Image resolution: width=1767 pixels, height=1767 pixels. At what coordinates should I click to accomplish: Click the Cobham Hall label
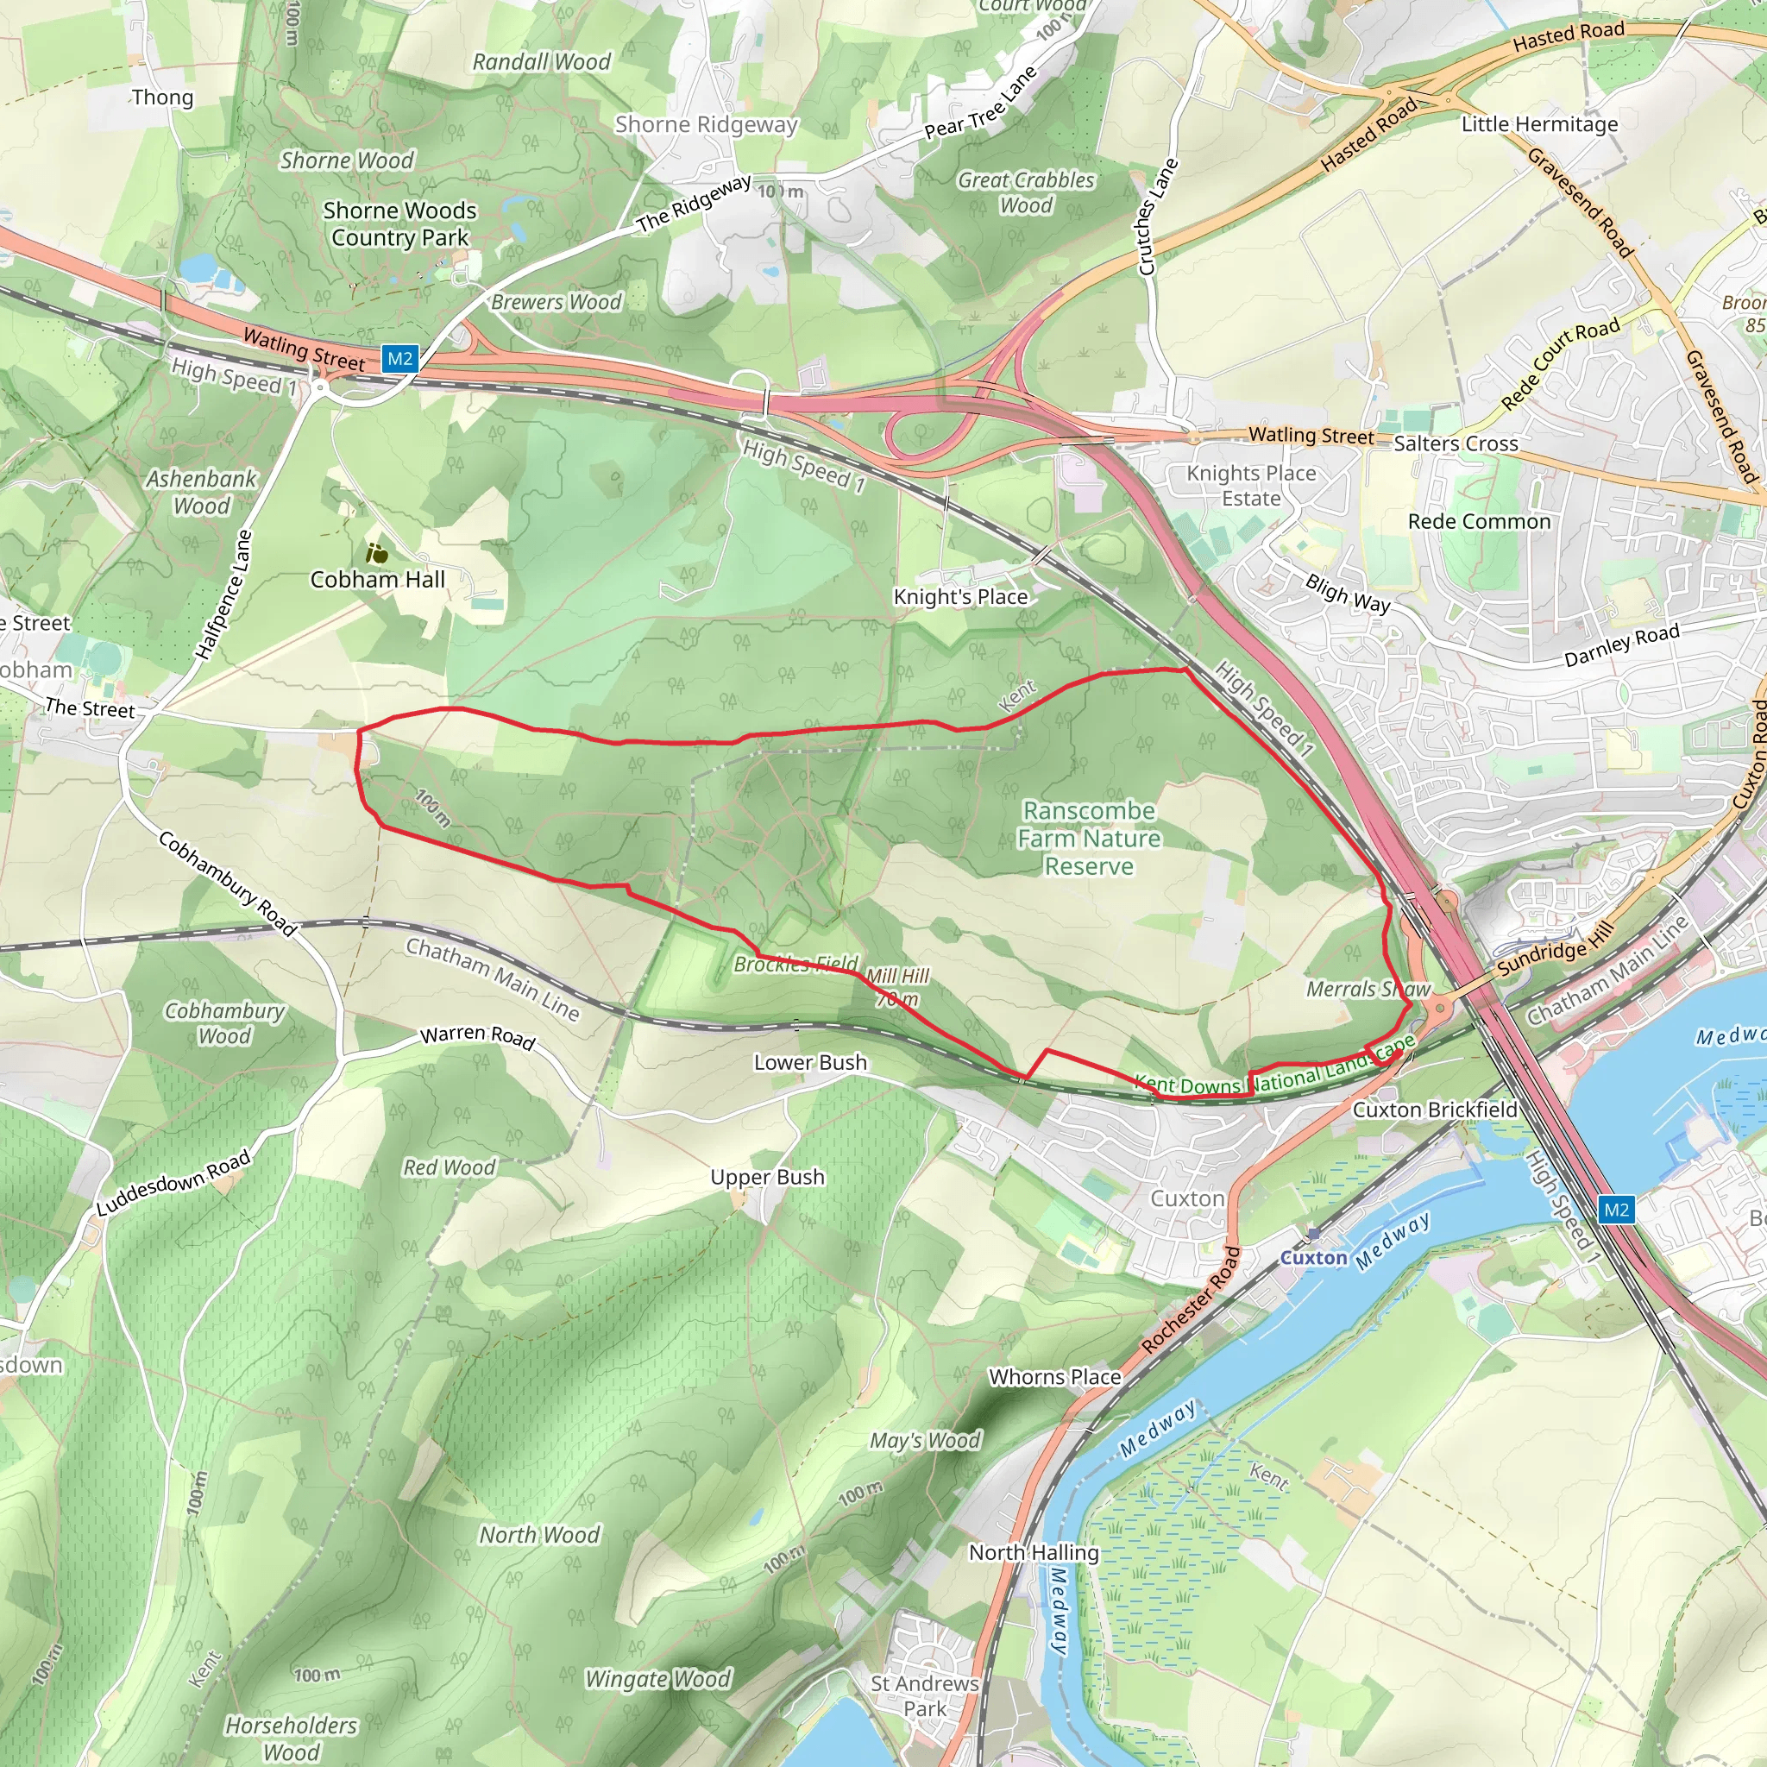pyautogui.click(x=377, y=580)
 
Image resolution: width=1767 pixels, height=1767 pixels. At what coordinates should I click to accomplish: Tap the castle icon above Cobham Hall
pyautogui.click(x=377, y=553)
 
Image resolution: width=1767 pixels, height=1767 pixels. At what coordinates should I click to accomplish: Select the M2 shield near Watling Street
pyautogui.click(x=399, y=359)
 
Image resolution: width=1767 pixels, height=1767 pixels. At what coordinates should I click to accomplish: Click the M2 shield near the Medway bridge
pyautogui.click(x=1616, y=1210)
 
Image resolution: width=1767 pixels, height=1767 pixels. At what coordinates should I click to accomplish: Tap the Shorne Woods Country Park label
pyautogui.click(x=399, y=224)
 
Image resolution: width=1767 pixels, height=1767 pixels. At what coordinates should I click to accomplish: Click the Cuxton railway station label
pyautogui.click(x=1313, y=1258)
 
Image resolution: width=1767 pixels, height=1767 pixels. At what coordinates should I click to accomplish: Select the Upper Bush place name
pyautogui.click(x=767, y=1177)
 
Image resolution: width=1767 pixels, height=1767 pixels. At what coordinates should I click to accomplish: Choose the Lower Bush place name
pyautogui.click(x=810, y=1062)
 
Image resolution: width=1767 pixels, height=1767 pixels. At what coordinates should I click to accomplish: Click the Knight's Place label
pyautogui.click(x=960, y=596)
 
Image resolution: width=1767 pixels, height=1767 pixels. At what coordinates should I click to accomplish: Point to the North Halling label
pyautogui.click(x=1034, y=1552)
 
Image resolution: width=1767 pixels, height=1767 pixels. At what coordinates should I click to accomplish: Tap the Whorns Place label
pyautogui.click(x=1054, y=1376)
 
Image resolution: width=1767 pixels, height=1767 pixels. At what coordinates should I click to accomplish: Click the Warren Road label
pyautogui.click(x=477, y=1035)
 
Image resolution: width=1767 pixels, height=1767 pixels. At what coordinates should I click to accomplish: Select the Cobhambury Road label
pyautogui.click(x=229, y=883)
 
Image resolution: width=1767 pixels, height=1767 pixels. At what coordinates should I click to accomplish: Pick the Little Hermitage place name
pyautogui.click(x=1539, y=124)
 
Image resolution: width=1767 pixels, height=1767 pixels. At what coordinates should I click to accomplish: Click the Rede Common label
pyautogui.click(x=1479, y=521)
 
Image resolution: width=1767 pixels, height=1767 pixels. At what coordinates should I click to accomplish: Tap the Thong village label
pyautogui.click(x=162, y=97)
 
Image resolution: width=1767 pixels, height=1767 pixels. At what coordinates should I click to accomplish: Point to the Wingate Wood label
pyautogui.click(x=657, y=1679)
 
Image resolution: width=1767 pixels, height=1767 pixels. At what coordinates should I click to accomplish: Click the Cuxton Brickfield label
pyautogui.click(x=1434, y=1110)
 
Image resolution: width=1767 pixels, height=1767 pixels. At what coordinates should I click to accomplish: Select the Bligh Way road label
pyautogui.click(x=1347, y=593)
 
